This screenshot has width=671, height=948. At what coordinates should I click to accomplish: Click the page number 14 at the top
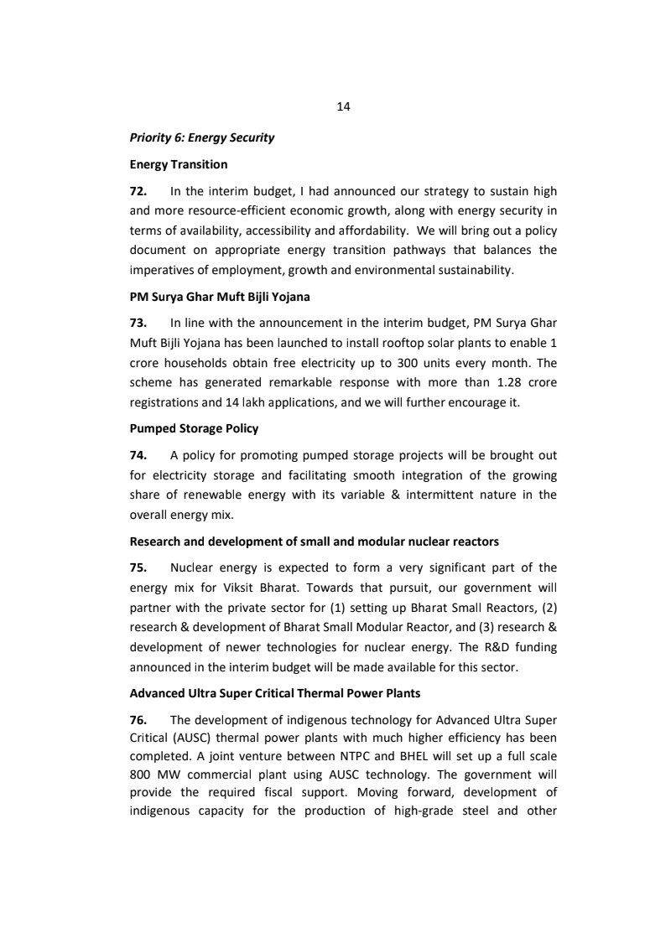tap(342, 106)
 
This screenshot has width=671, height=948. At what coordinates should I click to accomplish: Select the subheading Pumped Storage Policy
tap(194, 428)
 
